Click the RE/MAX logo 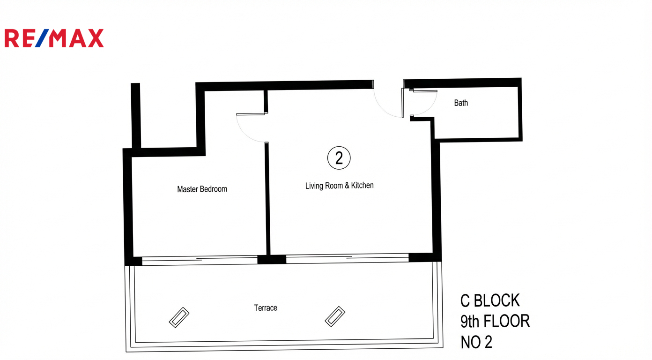click(54, 38)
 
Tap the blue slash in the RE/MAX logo click(42, 38)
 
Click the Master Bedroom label click(202, 189)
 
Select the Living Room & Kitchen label click(340, 186)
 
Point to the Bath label click(461, 103)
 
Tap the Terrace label click(266, 308)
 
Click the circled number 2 click(339, 158)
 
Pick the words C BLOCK click(490, 300)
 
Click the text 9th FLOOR click(495, 321)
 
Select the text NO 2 click(476, 342)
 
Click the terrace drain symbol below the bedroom click(179, 317)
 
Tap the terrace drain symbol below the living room click(335, 316)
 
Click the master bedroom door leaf click(251, 114)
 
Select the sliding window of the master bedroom click(200, 260)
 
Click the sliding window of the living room click(348, 258)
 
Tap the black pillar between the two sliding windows click(272, 259)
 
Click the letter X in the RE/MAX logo click(96, 38)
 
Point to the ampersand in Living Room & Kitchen click(347, 186)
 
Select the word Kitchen click(363, 185)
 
